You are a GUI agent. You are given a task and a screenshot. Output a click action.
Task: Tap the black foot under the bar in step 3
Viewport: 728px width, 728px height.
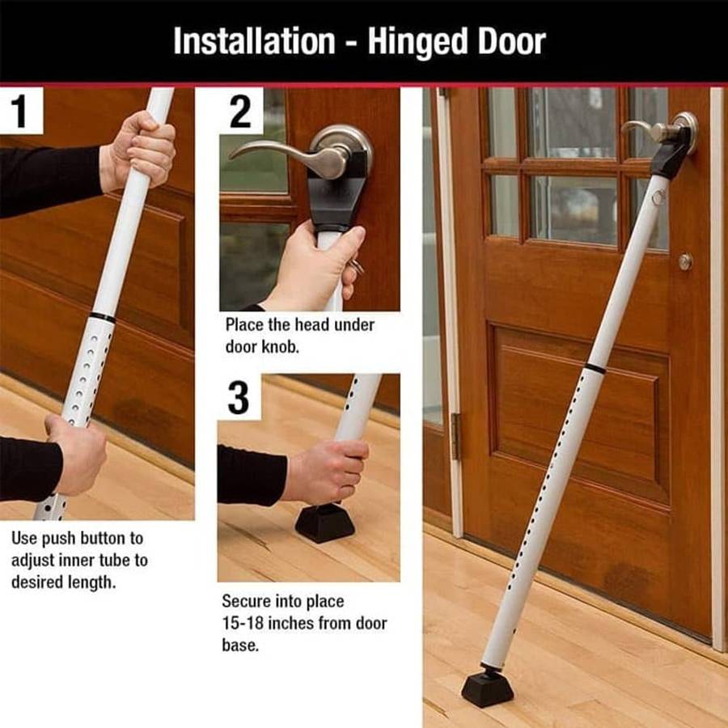pyautogui.click(x=324, y=522)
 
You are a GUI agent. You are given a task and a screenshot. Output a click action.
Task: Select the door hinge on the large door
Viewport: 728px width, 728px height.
pyautogui.click(x=455, y=436)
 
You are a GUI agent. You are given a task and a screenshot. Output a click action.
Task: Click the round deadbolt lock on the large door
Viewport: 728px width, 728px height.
pyautogui.click(x=685, y=261)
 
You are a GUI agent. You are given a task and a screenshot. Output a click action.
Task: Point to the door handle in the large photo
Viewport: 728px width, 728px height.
pyautogui.click(x=659, y=130)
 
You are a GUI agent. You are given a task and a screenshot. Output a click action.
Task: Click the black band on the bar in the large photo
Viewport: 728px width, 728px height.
pyautogui.click(x=595, y=368)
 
